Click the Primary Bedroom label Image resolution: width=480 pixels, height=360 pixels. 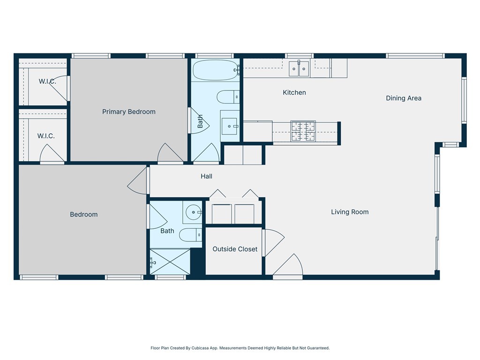(x=129, y=112)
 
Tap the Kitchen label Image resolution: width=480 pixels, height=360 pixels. (x=294, y=93)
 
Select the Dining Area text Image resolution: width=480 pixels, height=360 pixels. (x=404, y=98)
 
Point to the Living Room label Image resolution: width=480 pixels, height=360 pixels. (x=350, y=212)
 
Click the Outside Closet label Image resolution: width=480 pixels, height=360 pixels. (x=235, y=249)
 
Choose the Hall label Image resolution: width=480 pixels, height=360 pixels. (x=206, y=176)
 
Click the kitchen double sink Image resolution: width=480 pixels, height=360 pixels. (x=299, y=69)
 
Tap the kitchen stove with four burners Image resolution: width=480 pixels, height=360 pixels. (x=303, y=131)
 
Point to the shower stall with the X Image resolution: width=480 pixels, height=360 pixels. (x=170, y=262)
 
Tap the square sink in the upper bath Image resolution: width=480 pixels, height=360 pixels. (x=230, y=126)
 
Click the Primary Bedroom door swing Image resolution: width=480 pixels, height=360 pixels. (x=170, y=154)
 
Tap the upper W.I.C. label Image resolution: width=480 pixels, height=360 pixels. (x=47, y=82)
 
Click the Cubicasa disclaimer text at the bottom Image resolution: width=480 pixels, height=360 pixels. (x=240, y=348)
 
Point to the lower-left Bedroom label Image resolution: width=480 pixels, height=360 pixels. (x=84, y=215)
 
